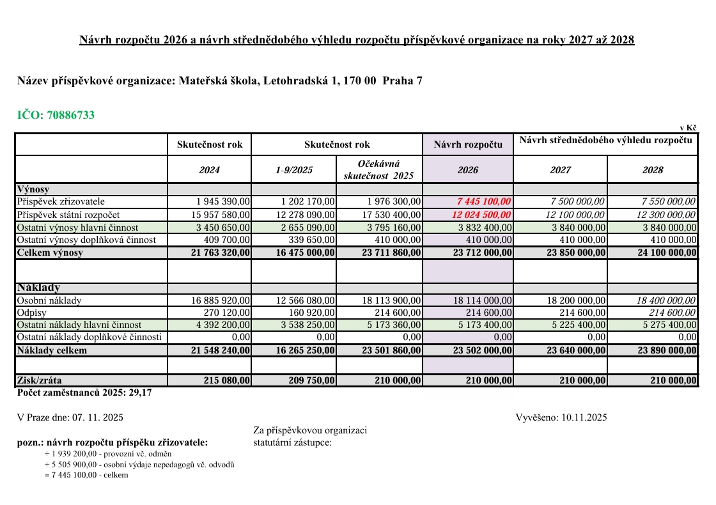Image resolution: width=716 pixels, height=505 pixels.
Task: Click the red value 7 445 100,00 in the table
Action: pos(484,202)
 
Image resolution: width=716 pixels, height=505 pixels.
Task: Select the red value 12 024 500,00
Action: pos(481,215)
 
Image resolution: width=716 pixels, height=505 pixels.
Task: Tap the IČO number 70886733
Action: pos(70,116)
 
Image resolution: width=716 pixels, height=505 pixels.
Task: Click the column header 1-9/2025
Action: pos(293,170)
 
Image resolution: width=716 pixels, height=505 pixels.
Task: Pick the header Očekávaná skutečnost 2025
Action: pos(378,169)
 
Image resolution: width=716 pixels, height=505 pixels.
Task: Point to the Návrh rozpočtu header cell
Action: pos(467,144)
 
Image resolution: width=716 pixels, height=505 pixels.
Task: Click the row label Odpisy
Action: pos(33,313)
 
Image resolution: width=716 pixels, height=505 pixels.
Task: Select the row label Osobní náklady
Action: pos(49,300)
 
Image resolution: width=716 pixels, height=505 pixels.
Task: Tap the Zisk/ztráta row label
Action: pos(40,380)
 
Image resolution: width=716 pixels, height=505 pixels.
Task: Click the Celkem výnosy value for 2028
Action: pos(664,252)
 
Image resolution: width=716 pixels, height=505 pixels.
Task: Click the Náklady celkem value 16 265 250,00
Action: pos(302,350)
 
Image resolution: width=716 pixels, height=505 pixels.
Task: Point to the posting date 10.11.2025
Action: pos(584,418)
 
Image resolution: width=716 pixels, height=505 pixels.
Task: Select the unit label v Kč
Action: pos(689,128)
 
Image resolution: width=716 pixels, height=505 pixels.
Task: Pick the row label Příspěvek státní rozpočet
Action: pos(68,215)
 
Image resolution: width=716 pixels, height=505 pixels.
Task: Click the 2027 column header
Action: pos(560,170)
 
